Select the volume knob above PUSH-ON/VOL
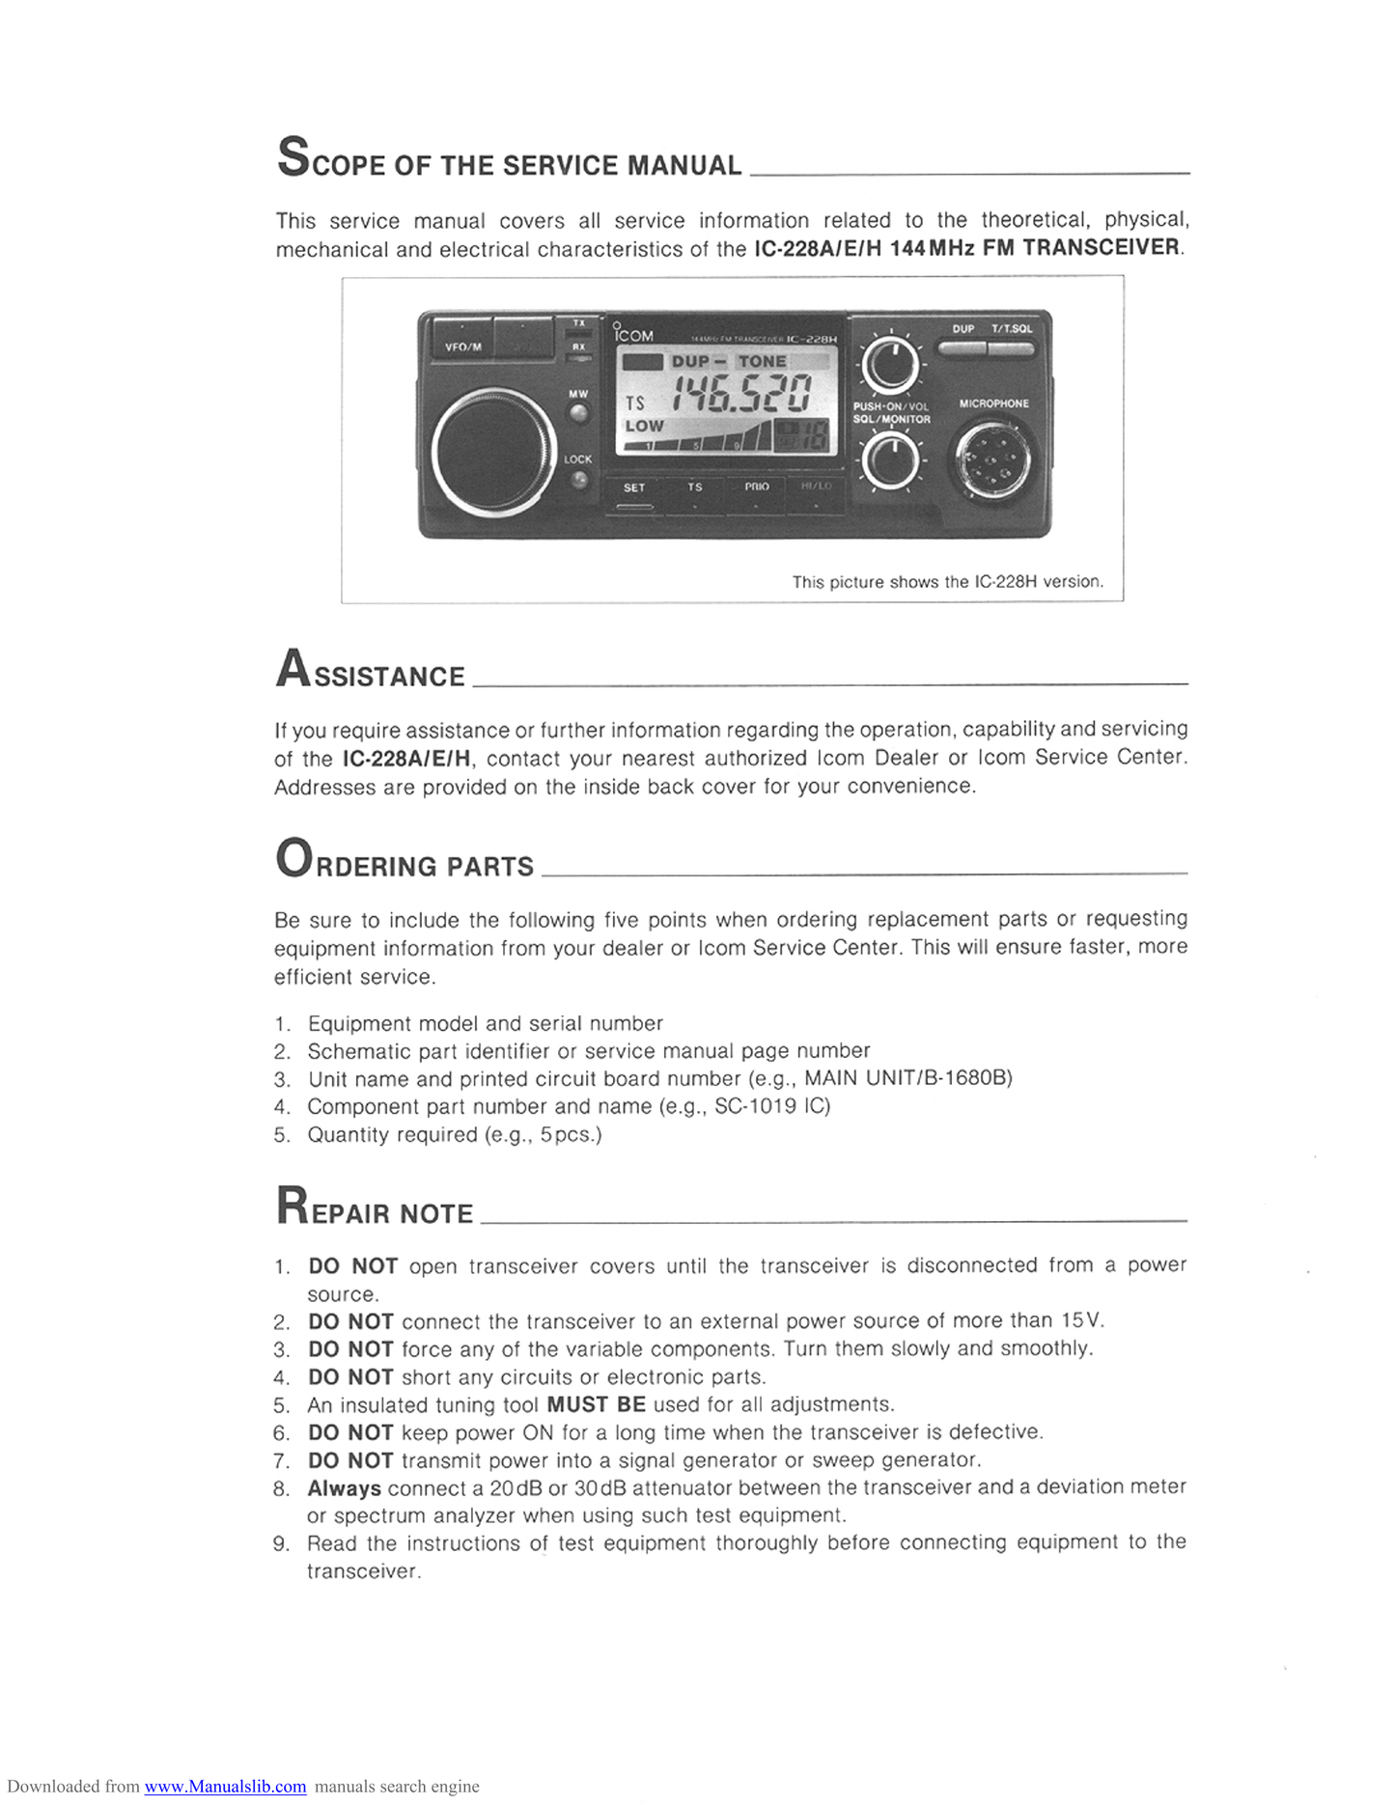[892, 366]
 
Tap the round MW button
[578, 414]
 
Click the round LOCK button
[578, 479]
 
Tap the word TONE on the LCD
[763, 361]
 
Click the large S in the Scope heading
[293, 157]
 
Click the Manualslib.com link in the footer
[225, 1786]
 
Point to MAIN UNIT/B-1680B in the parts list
[908, 1078]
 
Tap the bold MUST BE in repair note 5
[596, 1404]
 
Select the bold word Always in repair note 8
[345, 1488]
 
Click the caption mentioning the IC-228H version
[947, 582]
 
